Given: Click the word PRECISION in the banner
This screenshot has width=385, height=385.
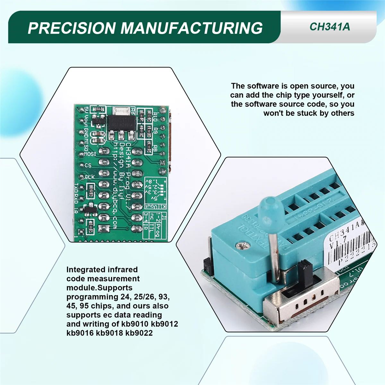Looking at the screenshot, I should pyautogui.click(x=72, y=28).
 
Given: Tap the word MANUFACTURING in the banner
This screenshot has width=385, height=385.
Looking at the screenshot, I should pyautogui.click(x=192, y=28).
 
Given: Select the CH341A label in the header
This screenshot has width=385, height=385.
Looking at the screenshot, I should pyautogui.click(x=329, y=27).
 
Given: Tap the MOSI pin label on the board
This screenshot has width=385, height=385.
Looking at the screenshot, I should pyautogui.click(x=90, y=154).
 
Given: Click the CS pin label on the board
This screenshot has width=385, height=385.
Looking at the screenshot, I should pyautogui.click(x=88, y=165).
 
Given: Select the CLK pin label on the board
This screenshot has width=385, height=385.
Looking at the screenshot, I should pyautogui.click(x=90, y=177).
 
